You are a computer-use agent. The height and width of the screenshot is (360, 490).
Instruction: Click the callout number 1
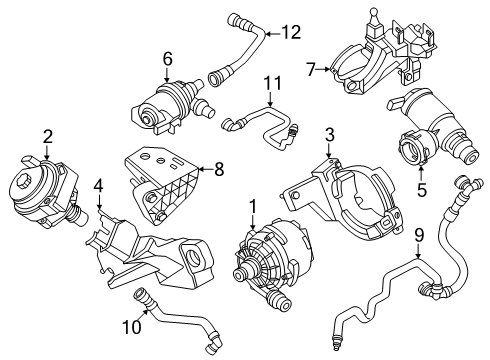point(252,207)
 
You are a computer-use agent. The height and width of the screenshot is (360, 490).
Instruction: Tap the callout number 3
point(329,134)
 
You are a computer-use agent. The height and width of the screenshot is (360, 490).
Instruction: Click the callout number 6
point(167,59)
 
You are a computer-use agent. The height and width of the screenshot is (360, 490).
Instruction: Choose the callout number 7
point(311,69)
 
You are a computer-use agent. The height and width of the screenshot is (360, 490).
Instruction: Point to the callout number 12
point(291,32)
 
